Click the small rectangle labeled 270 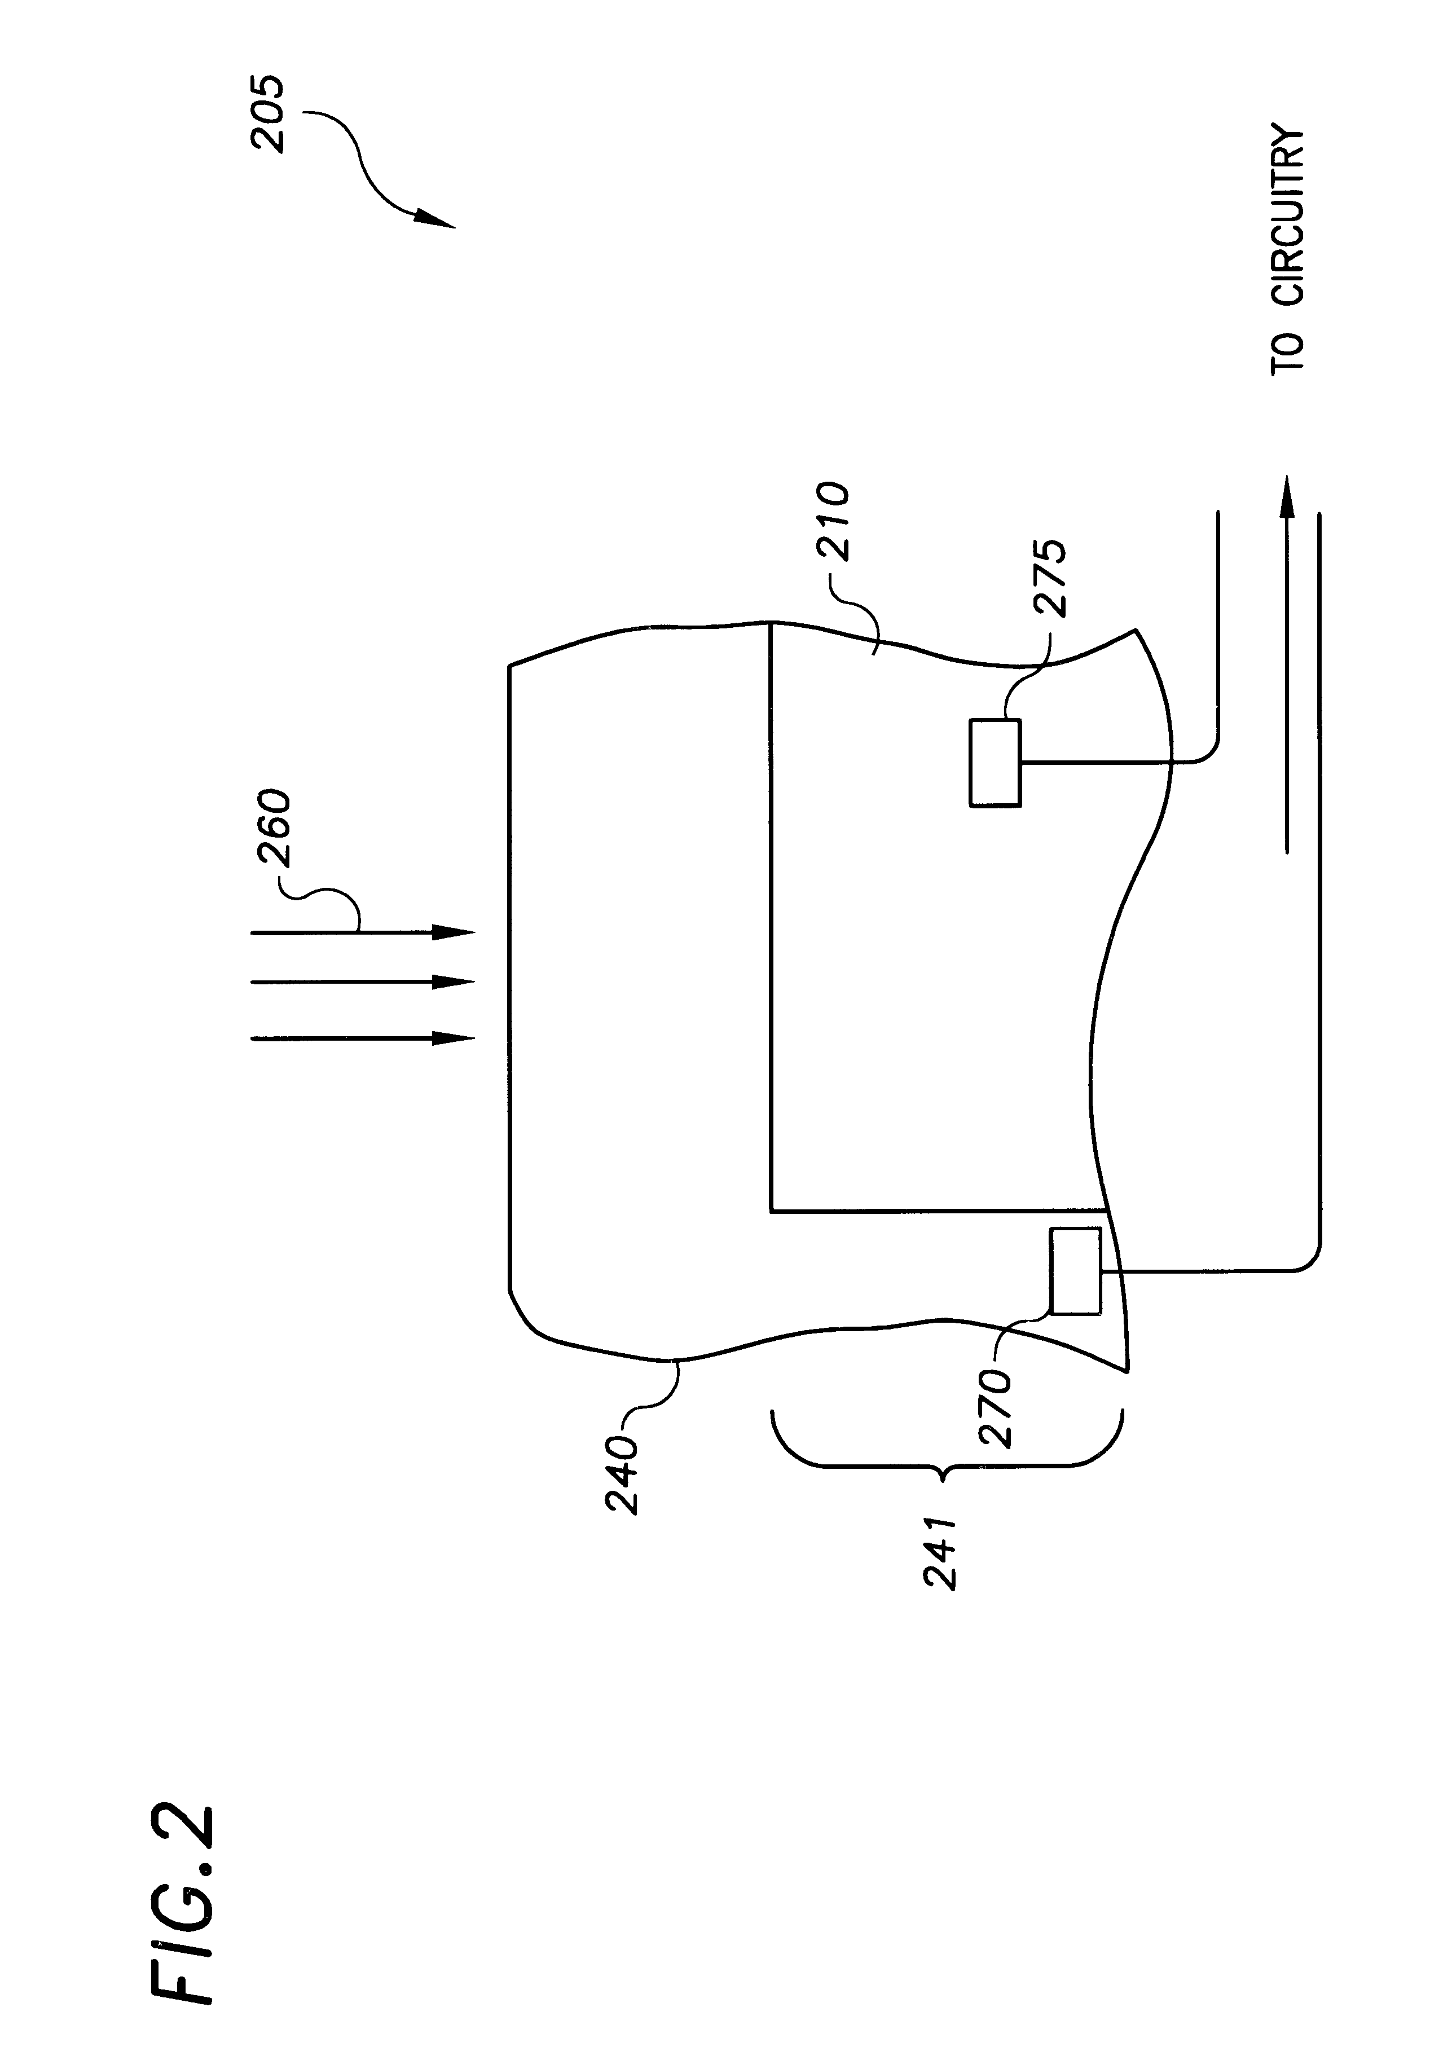coord(1076,1271)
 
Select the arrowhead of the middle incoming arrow coord(454,983)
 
